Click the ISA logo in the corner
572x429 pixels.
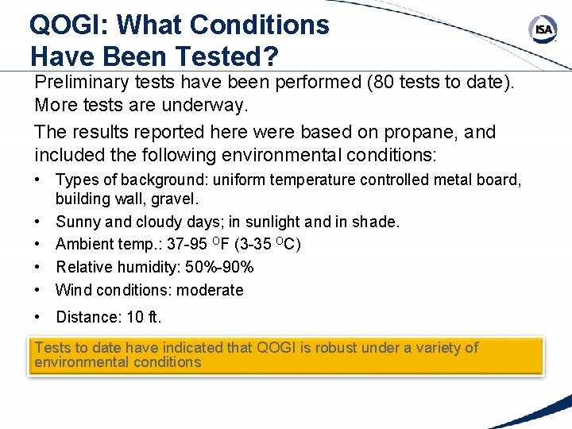[x=543, y=30]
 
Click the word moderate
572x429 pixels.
[x=210, y=290]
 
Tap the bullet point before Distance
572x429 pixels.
[x=38, y=317]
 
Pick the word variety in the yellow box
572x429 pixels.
[x=437, y=347]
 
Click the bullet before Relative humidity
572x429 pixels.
[x=38, y=267]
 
